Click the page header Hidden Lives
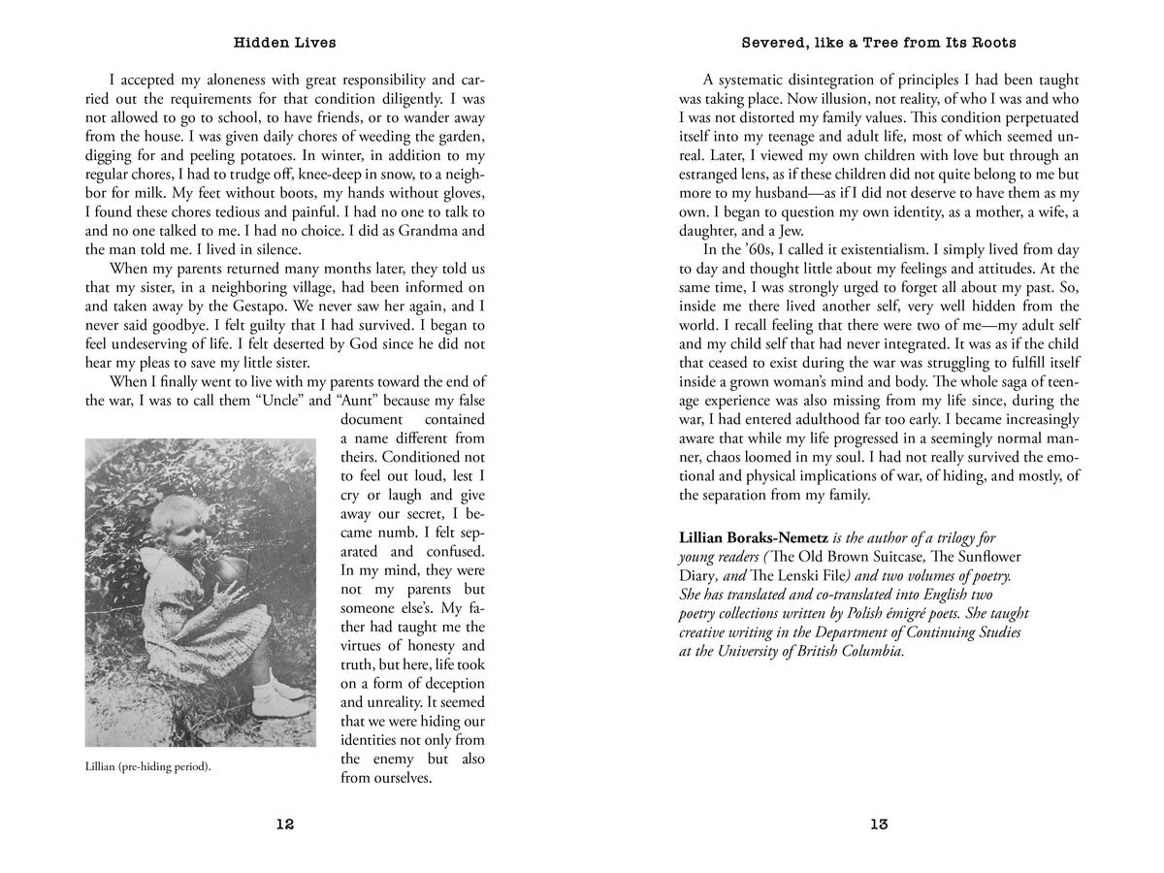point(284,43)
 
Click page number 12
point(284,824)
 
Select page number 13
point(879,824)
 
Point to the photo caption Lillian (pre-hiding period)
point(148,766)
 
